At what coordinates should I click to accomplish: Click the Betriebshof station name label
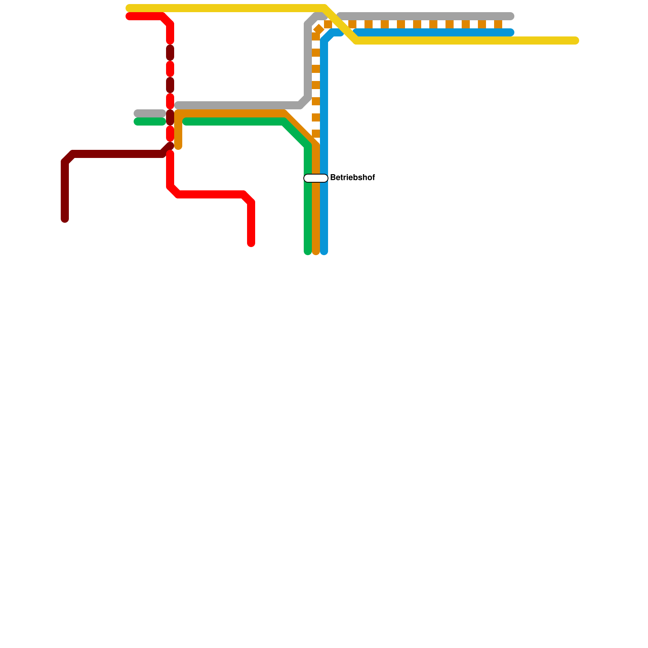point(352,178)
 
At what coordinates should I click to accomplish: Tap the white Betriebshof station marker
point(316,178)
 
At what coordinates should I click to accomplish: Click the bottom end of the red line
point(251,243)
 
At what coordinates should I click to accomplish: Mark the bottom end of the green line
point(308,252)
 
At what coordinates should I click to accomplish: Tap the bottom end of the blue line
point(324,252)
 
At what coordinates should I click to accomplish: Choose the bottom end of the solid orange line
point(316,252)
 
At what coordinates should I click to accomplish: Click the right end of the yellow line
point(575,40)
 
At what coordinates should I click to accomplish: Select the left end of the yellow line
point(129,8)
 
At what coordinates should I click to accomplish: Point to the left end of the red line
point(129,16)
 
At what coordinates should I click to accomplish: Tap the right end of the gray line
point(511,16)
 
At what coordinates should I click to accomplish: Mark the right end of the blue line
point(511,32)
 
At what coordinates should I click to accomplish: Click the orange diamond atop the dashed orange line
point(319,29)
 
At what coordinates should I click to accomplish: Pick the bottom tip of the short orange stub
point(178,146)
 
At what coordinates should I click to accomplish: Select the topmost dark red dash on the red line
point(170,53)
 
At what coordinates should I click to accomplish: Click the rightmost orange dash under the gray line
point(498,24)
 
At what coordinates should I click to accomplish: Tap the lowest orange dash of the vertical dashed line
point(316,134)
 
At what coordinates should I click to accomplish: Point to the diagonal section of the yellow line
point(340,24)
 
